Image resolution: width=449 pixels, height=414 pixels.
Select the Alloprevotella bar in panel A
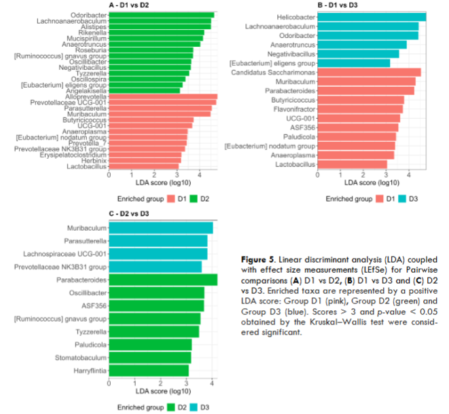(163, 97)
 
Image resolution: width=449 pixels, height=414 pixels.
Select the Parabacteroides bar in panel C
(162, 279)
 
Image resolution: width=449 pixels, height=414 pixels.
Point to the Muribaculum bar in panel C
(160, 228)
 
